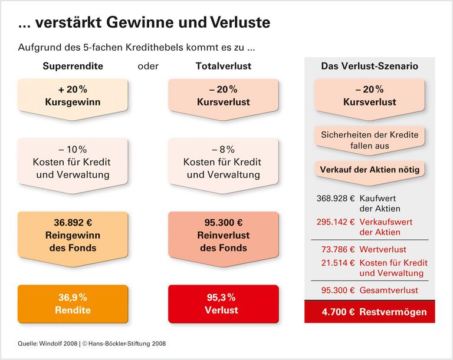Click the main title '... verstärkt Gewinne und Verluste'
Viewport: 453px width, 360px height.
[144, 23]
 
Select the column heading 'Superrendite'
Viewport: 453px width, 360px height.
[73, 66]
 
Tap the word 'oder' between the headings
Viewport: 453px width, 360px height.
[148, 66]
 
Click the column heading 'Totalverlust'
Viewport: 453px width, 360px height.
[223, 66]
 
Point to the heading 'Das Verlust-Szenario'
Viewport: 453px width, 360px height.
[369, 66]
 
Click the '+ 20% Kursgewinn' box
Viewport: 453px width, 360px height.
[73, 96]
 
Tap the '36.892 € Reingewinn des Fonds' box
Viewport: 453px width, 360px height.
[73, 235]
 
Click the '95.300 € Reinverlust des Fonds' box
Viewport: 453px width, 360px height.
[223, 235]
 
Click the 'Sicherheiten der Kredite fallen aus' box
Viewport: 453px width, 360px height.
[369, 140]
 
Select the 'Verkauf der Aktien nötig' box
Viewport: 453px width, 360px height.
[369, 170]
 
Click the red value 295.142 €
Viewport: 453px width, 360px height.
[334, 222]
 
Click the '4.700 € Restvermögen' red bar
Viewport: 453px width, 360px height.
[369, 312]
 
